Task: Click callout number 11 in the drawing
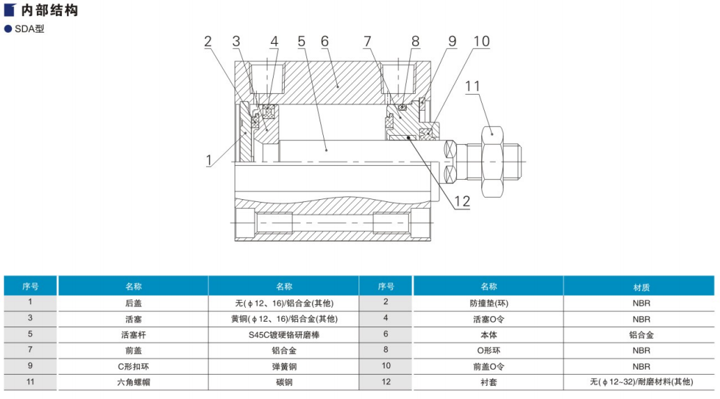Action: (x=473, y=86)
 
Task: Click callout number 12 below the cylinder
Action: (x=462, y=202)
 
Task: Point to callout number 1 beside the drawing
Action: (x=208, y=160)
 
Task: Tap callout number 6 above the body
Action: (x=324, y=41)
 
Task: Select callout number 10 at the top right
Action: (x=481, y=41)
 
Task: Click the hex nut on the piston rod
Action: (x=492, y=161)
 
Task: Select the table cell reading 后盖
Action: (x=133, y=303)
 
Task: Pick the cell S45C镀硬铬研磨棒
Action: (x=283, y=334)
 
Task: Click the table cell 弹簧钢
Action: (x=283, y=366)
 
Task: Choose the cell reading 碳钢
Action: (x=283, y=382)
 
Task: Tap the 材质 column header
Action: (x=641, y=286)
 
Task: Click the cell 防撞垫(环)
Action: (x=488, y=303)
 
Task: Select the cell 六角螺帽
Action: (x=133, y=382)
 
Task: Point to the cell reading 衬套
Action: (x=488, y=382)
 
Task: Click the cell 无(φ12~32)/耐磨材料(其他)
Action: (x=641, y=382)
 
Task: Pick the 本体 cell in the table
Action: (x=488, y=334)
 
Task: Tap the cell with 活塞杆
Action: (x=133, y=334)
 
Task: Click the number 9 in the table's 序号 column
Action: (x=30, y=366)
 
